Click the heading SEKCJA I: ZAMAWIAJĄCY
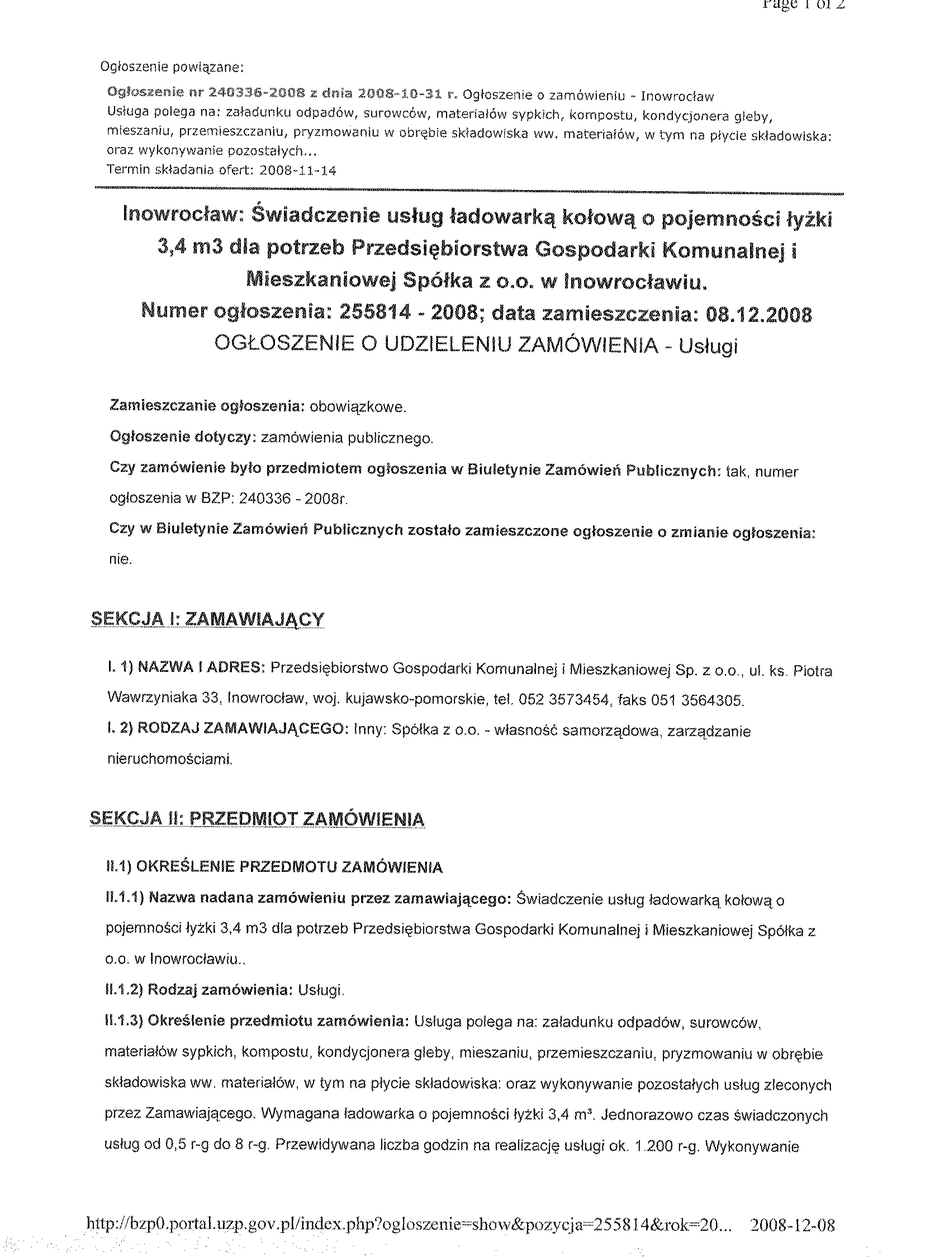tap(207, 620)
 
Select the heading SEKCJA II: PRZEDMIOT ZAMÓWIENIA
tap(257, 819)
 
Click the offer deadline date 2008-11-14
tap(298, 170)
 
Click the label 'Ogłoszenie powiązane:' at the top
tap(172, 68)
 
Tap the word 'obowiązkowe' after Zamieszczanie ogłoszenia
tap(358, 407)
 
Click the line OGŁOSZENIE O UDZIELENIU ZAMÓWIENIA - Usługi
tap(476, 345)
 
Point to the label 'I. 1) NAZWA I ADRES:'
tap(186, 668)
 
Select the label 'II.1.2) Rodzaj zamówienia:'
tap(199, 990)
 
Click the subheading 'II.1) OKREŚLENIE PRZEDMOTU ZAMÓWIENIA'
tap(274, 867)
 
